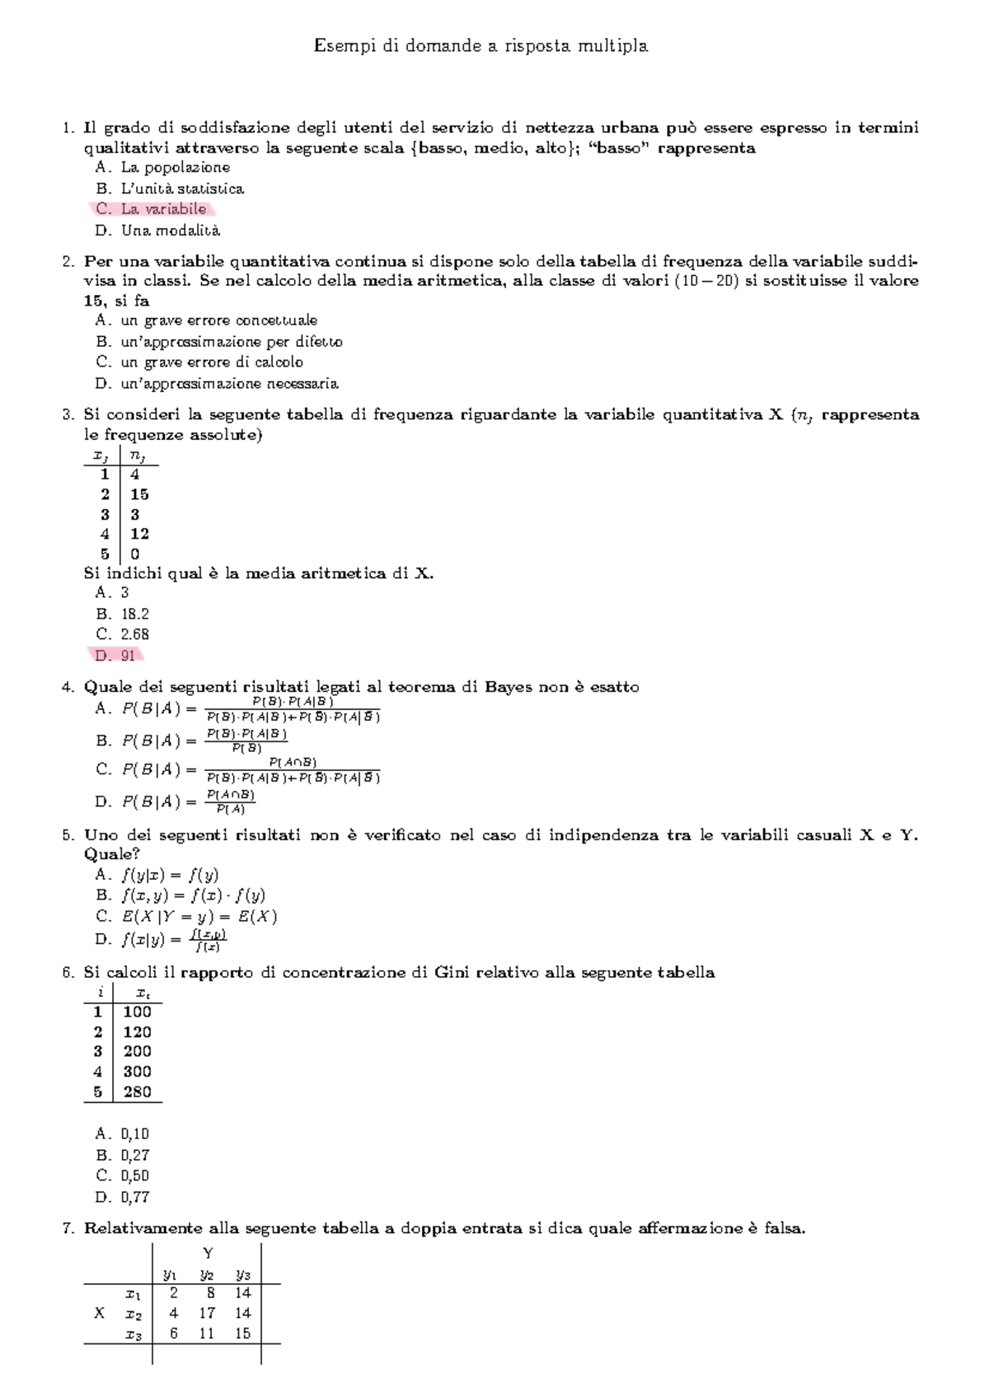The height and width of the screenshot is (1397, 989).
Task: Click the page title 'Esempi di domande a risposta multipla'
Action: pyautogui.click(x=480, y=46)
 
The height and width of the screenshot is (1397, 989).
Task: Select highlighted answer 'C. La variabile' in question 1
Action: pyautogui.click(x=152, y=209)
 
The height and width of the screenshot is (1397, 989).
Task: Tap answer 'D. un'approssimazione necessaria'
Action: pyautogui.click(x=217, y=384)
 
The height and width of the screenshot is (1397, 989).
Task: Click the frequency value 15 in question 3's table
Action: pyautogui.click(x=139, y=494)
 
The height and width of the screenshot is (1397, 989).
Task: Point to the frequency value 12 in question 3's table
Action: pyautogui.click(x=139, y=534)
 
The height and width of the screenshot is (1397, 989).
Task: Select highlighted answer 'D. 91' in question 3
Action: pyautogui.click(x=115, y=656)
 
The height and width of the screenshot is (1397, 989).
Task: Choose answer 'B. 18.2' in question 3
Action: pyautogui.click(x=123, y=614)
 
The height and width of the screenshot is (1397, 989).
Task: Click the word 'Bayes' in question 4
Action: pyautogui.click(x=509, y=687)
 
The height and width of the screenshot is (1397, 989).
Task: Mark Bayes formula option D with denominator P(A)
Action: pyautogui.click(x=176, y=801)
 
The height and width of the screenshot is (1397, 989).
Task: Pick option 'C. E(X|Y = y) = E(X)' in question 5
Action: pyautogui.click(x=187, y=917)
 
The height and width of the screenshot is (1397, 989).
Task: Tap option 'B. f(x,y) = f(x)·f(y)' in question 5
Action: pyautogui.click(x=181, y=895)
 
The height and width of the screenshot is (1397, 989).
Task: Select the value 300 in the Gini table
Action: pyautogui.click(x=137, y=1072)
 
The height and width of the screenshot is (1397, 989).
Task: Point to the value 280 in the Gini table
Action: pyautogui.click(x=137, y=1092)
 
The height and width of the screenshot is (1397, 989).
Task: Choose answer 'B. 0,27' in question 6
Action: pyautogui.click(x=123, y=1156)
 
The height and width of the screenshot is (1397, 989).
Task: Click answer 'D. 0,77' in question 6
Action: pyautogui.click(x=123, y=1198)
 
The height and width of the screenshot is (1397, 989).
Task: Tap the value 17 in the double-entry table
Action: pyautogui.click(x=208, y=1314)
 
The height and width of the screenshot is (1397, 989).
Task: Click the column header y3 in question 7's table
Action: pyautogui.click(x=242, y=1276)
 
